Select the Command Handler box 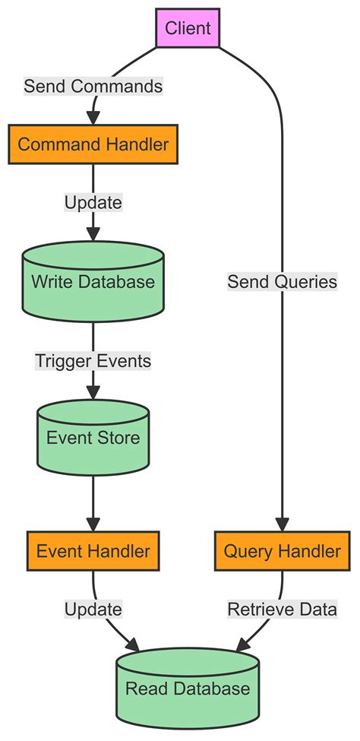(93, 144)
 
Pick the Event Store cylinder (93, 438)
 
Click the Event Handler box (93, 549)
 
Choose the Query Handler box (282, 549)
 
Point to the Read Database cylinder (188, 688)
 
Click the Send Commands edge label (93, 87)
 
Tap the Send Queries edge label (282, 283)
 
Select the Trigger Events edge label (93, 361)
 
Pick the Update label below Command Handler (93, 204)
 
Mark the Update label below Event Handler (93, 609)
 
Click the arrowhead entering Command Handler (93, 117)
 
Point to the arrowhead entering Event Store (93, 393)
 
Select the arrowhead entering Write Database (93, 234)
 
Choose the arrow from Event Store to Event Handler (93, 498)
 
